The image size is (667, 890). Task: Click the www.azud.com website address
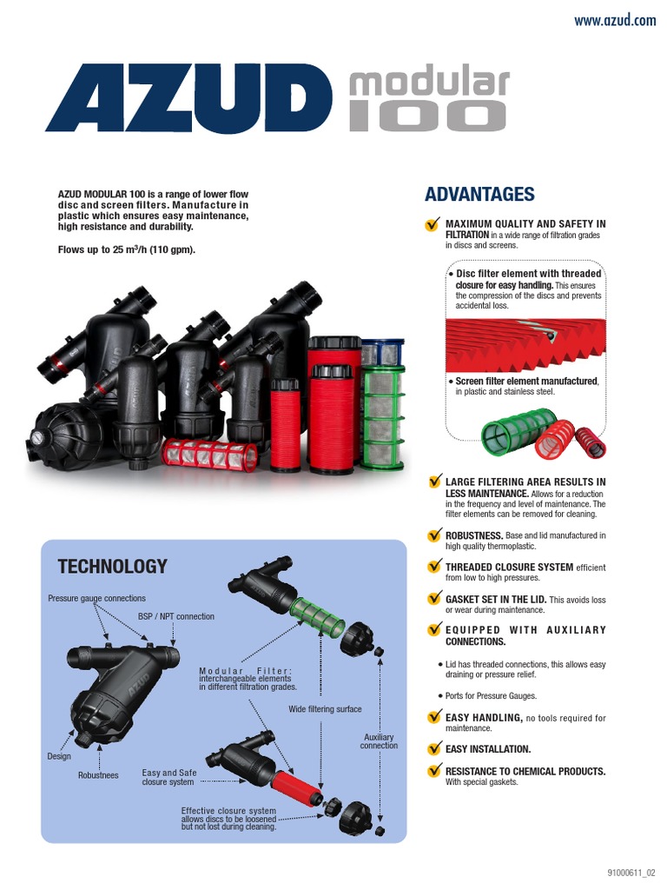click(x=615, y=21)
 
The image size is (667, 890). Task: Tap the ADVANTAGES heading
click(x=479, y=195)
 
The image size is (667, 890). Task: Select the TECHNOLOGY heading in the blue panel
click(x=112, y=567)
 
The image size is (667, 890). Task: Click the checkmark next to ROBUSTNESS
click(x=433, y=535)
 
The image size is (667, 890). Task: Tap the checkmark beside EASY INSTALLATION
click(x=433, y=748)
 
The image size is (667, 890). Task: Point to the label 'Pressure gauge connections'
click(x=96, y=598)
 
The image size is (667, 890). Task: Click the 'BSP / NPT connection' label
click(x=176, y=617)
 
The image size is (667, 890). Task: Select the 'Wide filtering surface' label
click(x=325, y=709)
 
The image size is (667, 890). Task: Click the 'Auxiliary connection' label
click(x=380, y=741)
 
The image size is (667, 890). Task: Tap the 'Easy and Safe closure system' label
click(x=169, y=777)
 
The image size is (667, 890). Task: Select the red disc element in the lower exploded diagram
click(x=294, y=781)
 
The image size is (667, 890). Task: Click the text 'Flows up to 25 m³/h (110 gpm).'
click(x=126, y=250)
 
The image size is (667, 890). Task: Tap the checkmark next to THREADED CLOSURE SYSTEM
click(x=433, y=567)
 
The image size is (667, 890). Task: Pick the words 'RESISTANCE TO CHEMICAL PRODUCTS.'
click(x=525, y=771)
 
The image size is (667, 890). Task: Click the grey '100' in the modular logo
click(x=427, y=116)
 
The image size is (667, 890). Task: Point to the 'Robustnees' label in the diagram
click(x=98, y=775)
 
